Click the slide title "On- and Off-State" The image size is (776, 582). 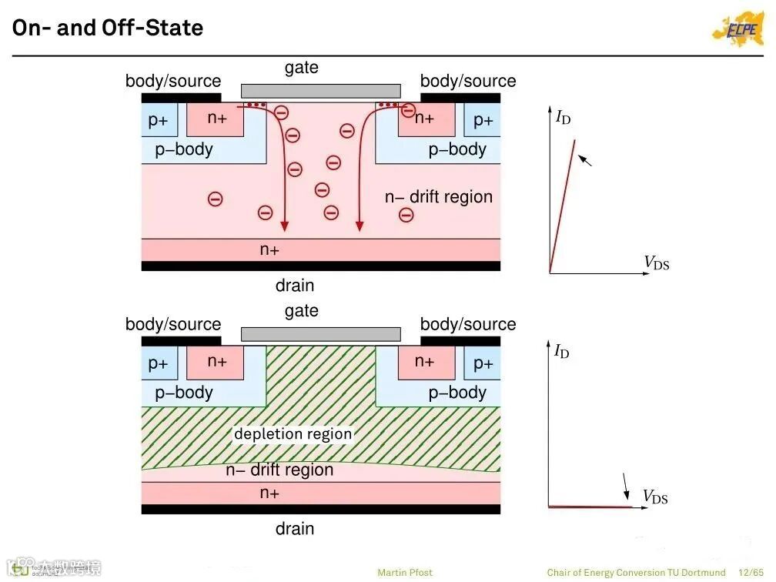pos(108,28)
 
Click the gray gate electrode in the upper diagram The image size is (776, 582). pos(320,91)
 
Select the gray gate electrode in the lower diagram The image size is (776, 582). pos(320,334)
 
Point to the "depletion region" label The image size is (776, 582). pos(293,434)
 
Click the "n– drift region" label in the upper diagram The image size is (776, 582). pos(438,197)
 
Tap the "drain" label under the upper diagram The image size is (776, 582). pos(295,286)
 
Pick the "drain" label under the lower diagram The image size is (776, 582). pos(295,529)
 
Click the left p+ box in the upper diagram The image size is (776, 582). pos(159,120)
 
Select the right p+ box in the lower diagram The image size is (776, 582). pos(483,363)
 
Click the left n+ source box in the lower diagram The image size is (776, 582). pos(216,362)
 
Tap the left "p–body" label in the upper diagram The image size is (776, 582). pos(184,149)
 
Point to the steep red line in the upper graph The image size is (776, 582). pos(563,204)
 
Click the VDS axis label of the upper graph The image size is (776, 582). pos(657,263)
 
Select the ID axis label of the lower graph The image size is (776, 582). pos(562,352)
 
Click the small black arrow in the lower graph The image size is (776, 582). pos(626,486)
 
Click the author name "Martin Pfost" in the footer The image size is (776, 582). pos(405,573)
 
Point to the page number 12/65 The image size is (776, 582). pos(750,573)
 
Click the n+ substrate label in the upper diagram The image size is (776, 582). pos(269,250)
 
